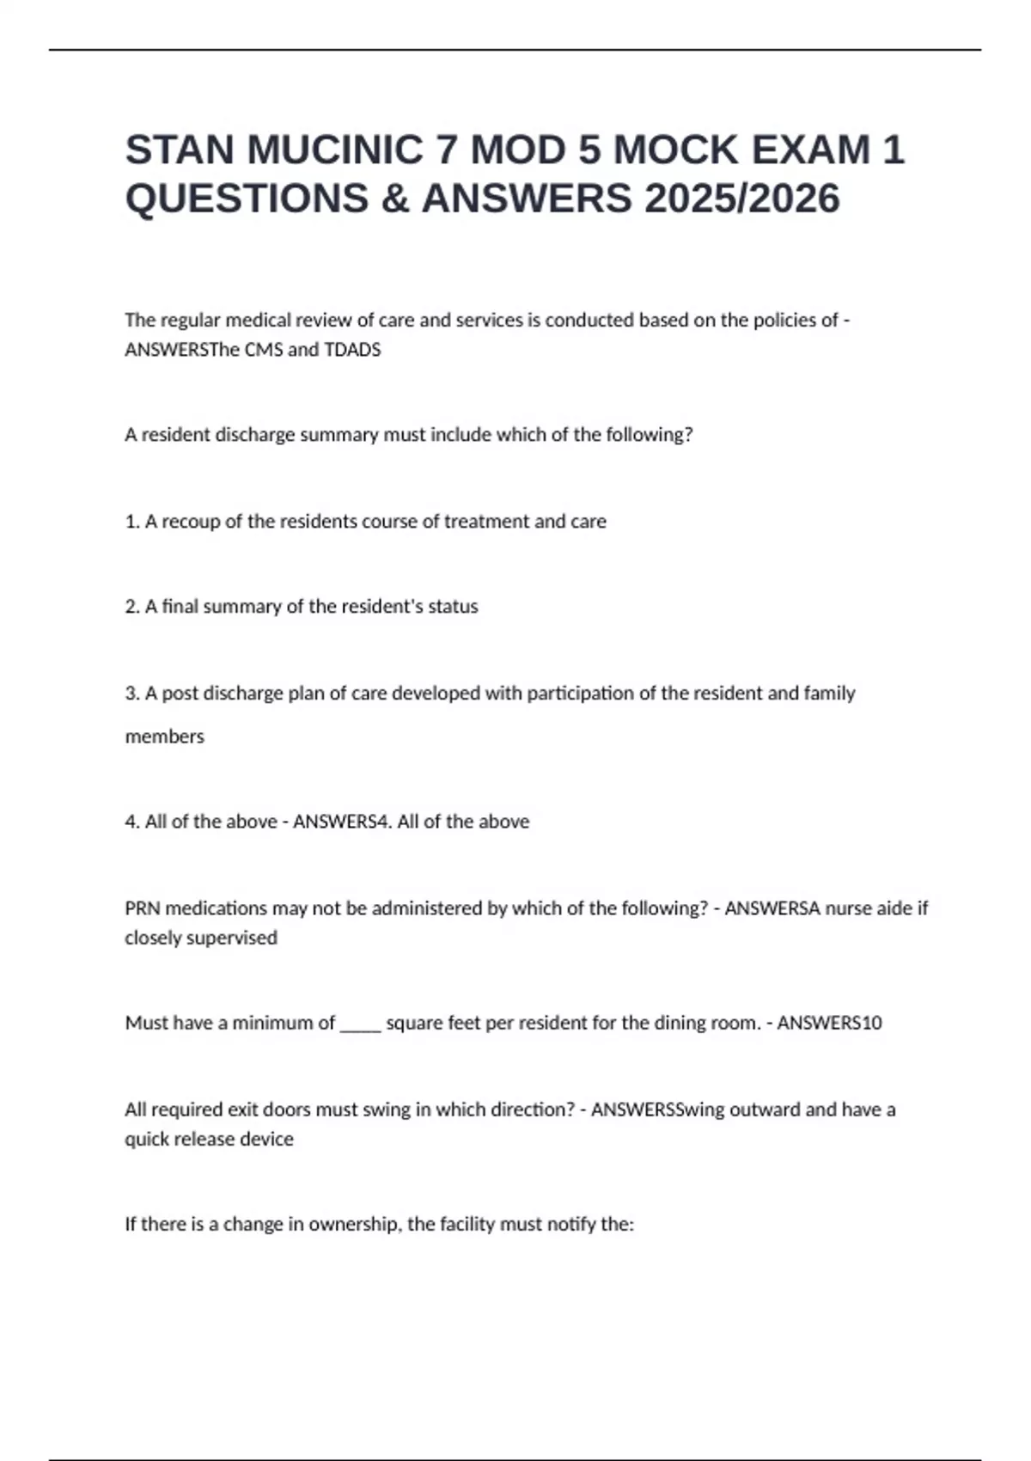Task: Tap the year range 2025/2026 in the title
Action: (741, 199)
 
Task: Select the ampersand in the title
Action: (393, 199)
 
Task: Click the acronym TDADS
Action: (352, 350)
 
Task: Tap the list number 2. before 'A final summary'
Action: (132, 607)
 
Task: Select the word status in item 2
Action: (453, 607)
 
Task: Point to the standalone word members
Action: (165, 737)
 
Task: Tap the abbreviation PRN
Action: (143, 908)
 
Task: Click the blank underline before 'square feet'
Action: (361, 1023)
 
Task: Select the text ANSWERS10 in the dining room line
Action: (829, 1023)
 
